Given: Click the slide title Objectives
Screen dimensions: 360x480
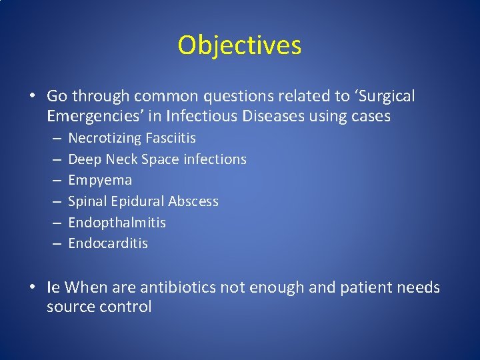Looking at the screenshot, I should (239, 45).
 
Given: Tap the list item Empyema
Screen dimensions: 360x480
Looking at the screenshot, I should (100, 180).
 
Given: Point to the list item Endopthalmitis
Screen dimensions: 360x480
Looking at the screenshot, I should (117, 222).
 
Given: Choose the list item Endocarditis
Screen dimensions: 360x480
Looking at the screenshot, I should (108, 243).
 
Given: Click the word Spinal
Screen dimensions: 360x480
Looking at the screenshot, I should (87, 201).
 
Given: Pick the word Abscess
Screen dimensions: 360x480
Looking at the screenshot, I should (193, 201).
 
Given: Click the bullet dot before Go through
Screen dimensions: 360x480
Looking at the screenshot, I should (32, 97).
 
